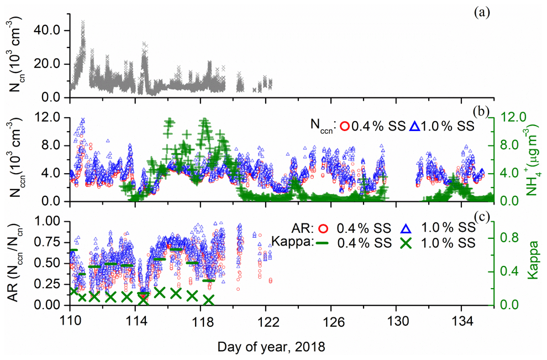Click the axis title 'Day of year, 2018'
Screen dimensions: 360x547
271,347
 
